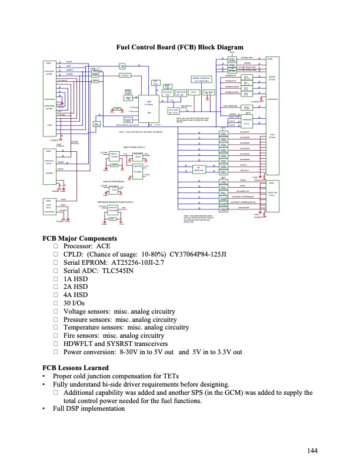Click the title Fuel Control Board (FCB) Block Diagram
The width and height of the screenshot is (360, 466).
[x=180, y=48]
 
